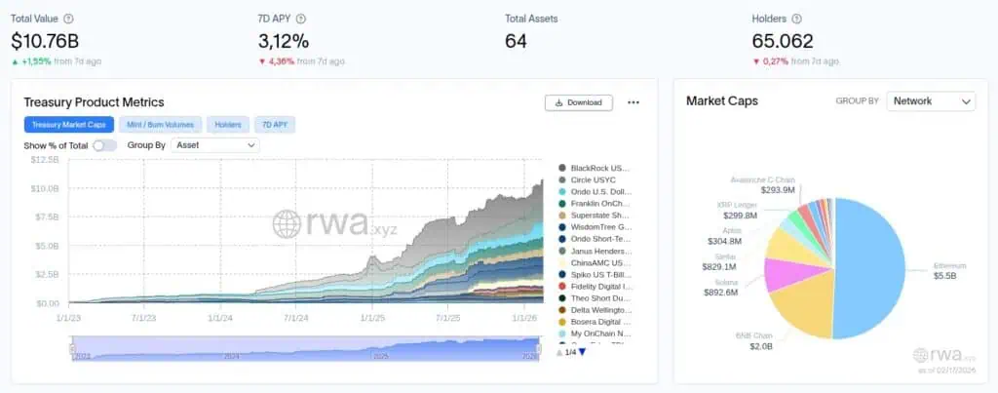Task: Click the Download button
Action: tap(579, 102)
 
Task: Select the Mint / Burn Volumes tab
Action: tap(160, 125)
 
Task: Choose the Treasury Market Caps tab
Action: tap(68, 125)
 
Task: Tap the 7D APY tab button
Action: tap(274, 125)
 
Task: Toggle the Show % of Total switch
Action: tap(104, 145)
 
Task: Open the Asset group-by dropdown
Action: tap(214, 145)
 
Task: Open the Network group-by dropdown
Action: tap(931, 101)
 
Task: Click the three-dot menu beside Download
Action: tap(633, 102)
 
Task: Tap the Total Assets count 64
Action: tap(517, 41)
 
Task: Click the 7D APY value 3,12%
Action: tap(284, 41)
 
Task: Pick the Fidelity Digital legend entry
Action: tap(600, 287)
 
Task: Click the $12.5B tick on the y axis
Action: tap(45, 159)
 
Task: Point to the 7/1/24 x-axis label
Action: tap(295, 317)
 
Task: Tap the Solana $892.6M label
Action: tap(721, 287)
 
